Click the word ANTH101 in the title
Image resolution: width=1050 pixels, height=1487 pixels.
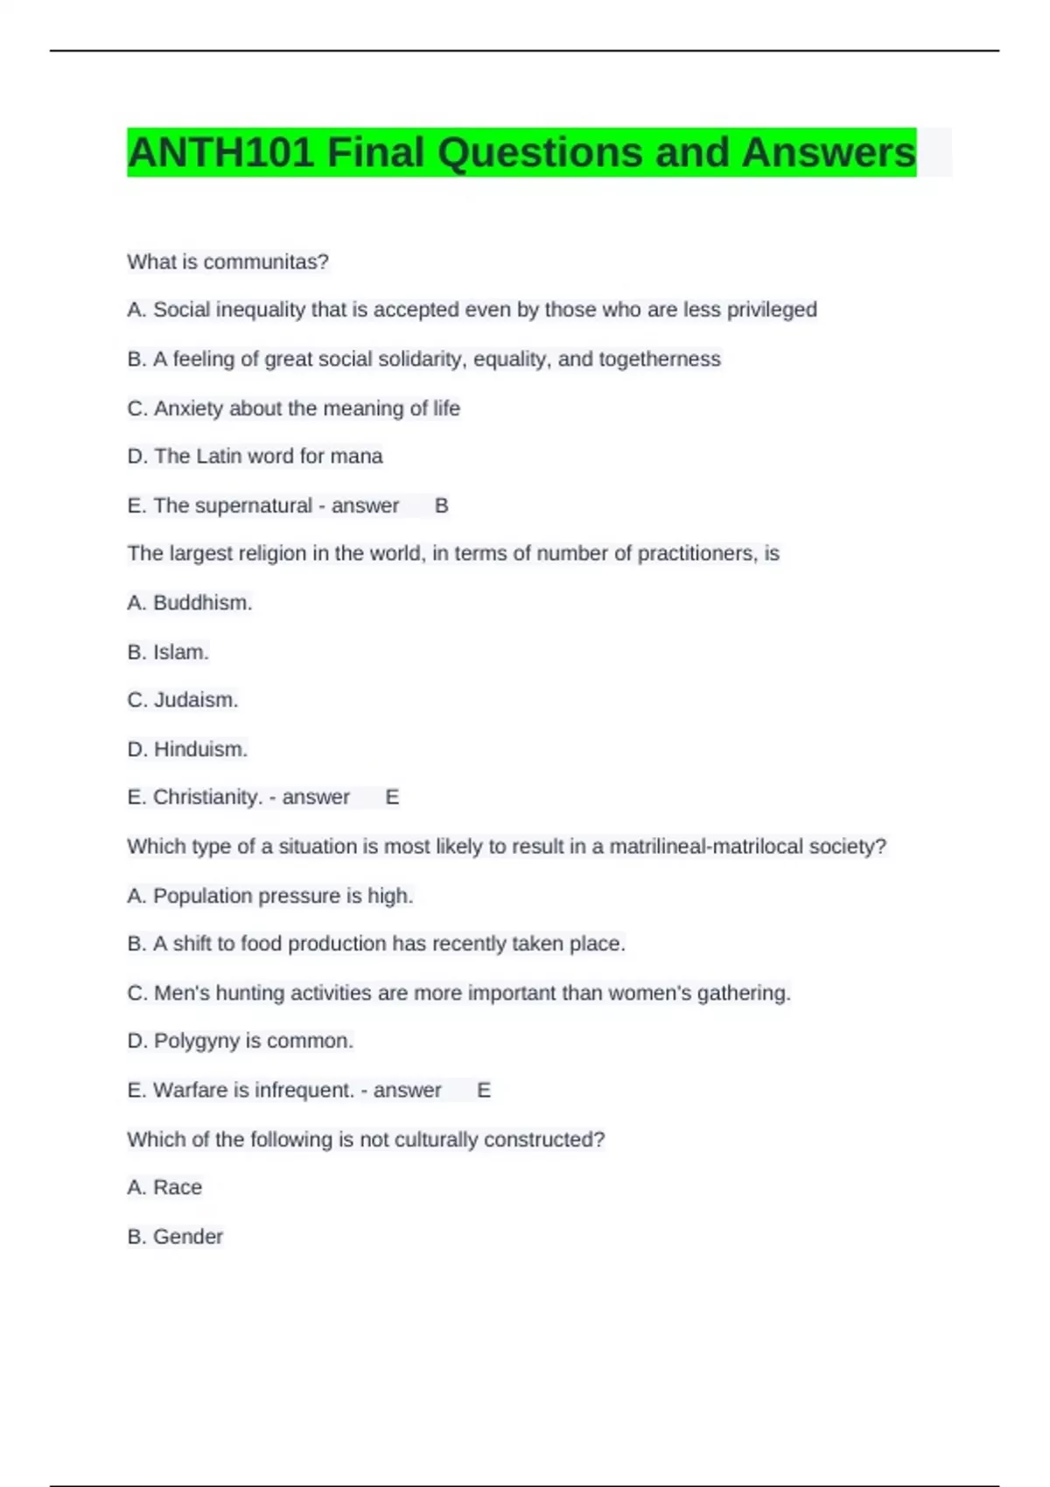pos(220,153)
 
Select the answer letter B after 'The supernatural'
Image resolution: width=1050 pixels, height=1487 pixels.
pos(442,506)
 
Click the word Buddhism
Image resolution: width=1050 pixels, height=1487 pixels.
pos(201,603)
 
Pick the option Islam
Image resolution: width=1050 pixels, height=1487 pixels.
pos(180,652)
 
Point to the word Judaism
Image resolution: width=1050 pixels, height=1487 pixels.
pos(195,700)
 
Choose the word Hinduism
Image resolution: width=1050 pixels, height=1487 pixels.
pos(200,749)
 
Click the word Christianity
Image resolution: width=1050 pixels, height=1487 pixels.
pos(207,797)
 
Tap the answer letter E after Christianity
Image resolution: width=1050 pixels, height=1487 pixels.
pos(392,797)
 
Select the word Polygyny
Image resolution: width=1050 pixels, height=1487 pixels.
pos(197,1041)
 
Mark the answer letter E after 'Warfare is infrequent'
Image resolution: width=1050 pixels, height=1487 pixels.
pos(484,1090)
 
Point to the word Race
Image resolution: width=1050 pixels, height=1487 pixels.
pos(178,1187)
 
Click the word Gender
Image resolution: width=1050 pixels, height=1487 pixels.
pos(188,1236)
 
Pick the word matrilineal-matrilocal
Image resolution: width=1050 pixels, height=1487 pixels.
pos(706,847)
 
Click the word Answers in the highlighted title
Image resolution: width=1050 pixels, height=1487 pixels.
pos(828,153)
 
